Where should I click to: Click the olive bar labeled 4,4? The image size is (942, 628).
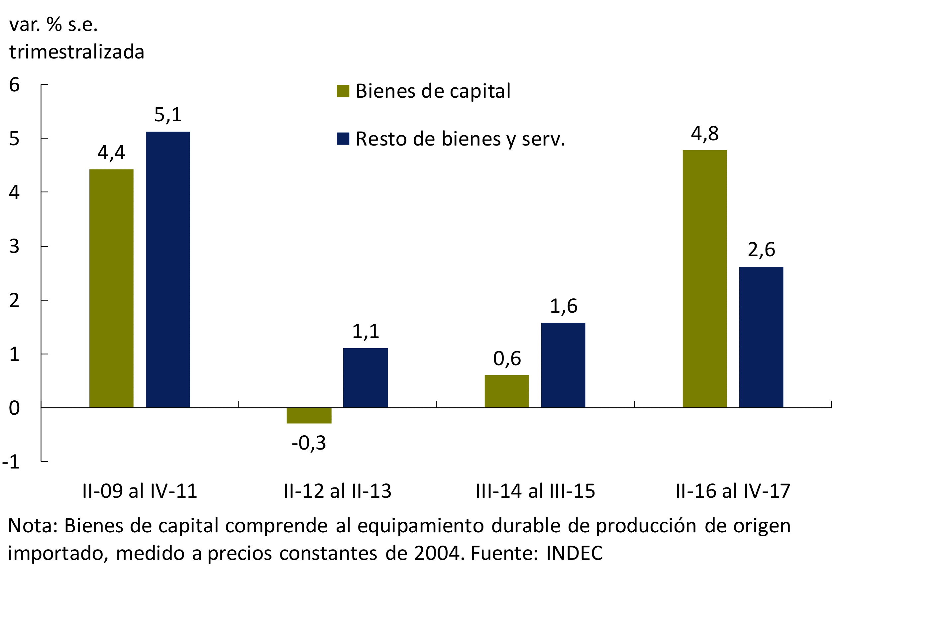[111, 288]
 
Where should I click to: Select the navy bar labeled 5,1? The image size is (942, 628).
[168, 269]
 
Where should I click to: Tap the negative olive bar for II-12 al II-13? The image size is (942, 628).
[309, 415]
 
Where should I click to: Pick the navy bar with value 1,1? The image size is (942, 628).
[365, 378]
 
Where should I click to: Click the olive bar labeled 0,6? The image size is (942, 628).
[507, 391]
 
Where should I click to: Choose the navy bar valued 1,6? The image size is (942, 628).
[563, 365]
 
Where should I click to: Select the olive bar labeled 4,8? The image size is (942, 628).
[704, 279]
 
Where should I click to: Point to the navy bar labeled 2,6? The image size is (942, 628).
[761, 337]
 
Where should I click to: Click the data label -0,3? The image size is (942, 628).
[309, 443]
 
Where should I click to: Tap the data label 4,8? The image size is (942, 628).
[705, 133]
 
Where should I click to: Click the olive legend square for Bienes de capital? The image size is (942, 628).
[343, 91]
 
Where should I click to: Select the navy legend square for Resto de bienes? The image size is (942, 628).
[343, 139]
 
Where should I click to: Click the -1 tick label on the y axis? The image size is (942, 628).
[11, 462]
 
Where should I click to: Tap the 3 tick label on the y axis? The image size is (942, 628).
[14, 246]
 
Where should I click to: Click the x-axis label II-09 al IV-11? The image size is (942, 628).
[140, 491]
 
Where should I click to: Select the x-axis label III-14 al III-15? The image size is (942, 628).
[536, 491]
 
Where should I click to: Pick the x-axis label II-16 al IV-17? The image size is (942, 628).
[733, 491]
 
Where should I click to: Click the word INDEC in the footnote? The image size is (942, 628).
[574, 553]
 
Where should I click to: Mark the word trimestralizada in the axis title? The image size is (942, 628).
[77, 52]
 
